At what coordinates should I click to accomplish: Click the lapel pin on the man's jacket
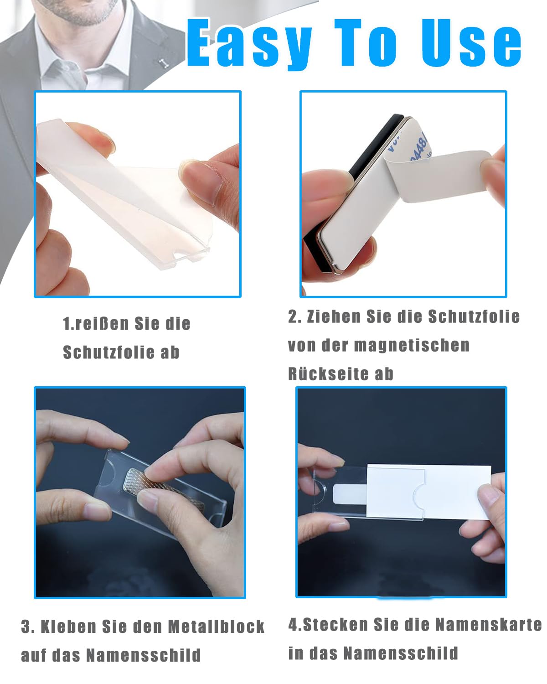(x=164, y=63)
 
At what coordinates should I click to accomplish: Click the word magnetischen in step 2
(x=411, y=345)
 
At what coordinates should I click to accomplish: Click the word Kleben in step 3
(x=68, y=627)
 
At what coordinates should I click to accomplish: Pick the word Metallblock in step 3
(x=216, y=627)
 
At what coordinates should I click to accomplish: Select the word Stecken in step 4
(x=335, y=624)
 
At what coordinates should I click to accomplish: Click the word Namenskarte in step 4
(x=488, y=624)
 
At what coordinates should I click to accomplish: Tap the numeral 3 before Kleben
(x=26, y=627)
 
